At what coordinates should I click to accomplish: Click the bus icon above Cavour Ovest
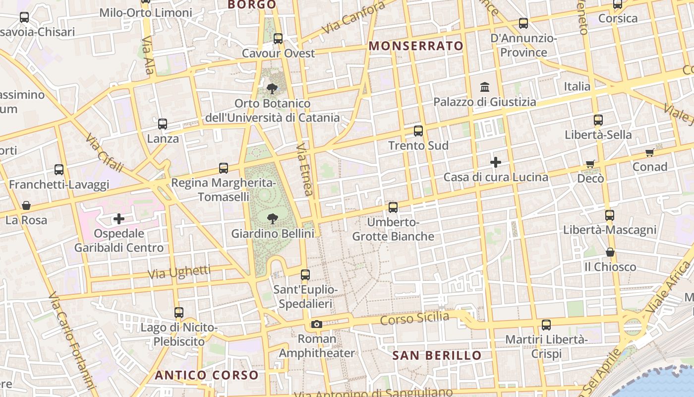coord(278,38)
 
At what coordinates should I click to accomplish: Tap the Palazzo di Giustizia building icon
coord(485,87)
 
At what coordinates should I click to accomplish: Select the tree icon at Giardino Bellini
coord(272,218)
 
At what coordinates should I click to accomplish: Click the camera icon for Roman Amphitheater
coord(316,325)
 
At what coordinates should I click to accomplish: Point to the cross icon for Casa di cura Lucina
coord(495,162)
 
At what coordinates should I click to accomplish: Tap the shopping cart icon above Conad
coord(649,152)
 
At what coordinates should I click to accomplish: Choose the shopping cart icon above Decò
coord(590,164)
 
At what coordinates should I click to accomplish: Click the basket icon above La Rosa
coord(26,205)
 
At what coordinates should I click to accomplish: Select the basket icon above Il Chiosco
coord(610,253)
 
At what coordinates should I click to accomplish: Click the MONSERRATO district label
coord(416,46)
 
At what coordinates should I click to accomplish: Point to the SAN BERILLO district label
coord(437,355)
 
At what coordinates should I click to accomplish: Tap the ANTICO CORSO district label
coord(207,375)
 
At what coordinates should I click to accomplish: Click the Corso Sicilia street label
coord(414,318)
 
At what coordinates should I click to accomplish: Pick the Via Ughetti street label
coord(179,272)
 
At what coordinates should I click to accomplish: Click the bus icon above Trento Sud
coord(418,131)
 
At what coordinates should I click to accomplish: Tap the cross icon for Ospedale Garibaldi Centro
coord(119,218)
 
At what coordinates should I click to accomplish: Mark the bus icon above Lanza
coord(163,124)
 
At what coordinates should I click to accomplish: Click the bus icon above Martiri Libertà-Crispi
coord(546,325)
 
